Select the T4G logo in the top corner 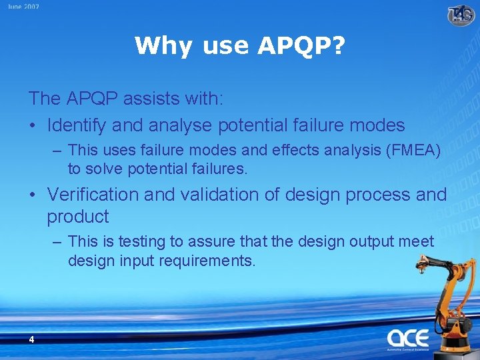click(x=461, y=14)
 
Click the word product click(x=77, y=217)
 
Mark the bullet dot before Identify click(x=33, y=125)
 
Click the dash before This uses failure click(x=58, y=151)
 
